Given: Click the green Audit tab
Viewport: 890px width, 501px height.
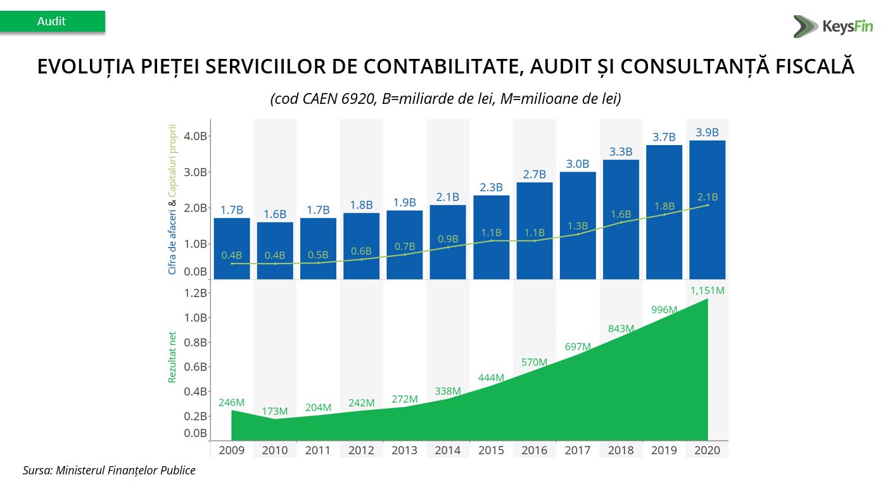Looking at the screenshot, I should click(x=52, y=22).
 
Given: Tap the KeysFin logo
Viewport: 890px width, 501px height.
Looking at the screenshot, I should click(x=832, y=27).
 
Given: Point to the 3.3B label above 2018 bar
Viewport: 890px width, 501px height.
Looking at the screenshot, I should click(x=621, y=152).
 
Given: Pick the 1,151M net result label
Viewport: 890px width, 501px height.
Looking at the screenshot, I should click(x=707, y=291).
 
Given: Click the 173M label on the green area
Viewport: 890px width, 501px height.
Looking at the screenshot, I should click(x=275, y=412).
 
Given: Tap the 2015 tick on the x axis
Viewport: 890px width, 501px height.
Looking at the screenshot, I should click(x=491, y=450).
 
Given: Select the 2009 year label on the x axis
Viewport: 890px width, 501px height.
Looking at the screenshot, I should click(x=231, y=450).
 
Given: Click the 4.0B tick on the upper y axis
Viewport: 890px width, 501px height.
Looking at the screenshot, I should click(x=195, y=136).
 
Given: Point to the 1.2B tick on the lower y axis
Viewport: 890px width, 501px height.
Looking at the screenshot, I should click(x=195, y=293).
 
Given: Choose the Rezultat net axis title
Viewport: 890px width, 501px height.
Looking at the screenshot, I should click(x=172, y=358).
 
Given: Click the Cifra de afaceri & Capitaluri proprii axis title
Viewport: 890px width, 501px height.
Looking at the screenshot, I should click(x=172, y=199).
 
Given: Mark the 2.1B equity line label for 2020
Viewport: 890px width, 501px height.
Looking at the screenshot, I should click(x=707, y=197).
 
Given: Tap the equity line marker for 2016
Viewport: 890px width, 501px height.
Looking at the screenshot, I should click(x=534, y=241).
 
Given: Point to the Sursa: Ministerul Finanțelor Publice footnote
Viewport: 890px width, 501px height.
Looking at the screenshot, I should click(x=109, y=471).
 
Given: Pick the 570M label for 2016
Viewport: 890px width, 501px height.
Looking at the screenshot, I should click(x=534, y=362).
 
